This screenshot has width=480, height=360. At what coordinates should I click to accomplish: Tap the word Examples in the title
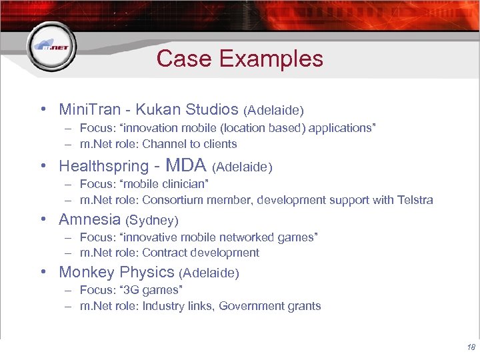click(x=271, y=59)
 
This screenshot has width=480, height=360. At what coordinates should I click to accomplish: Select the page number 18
click(x=471, y=347)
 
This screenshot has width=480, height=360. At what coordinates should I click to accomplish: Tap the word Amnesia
click(x=89, y=219)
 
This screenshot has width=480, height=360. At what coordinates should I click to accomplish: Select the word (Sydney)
click(x=152, y=220)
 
